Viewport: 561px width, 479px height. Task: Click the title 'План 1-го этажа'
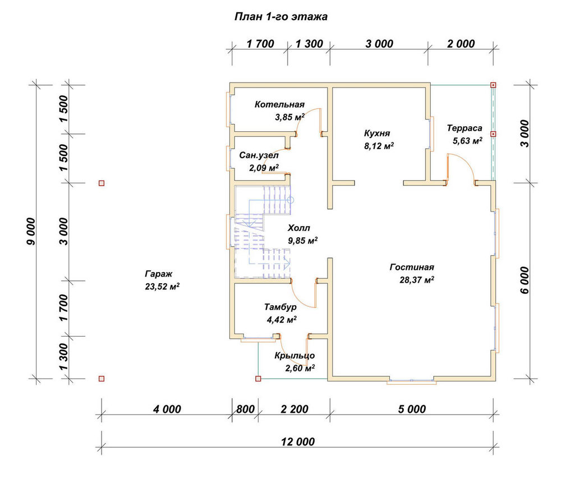click(x=281, y=17)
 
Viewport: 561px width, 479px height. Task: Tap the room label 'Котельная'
click(x=279, y=104)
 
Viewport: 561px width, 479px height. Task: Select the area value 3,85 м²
click(x=289, y=117)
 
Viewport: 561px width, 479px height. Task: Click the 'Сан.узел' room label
click(x=259, y=155)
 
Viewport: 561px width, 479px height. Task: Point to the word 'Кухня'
click(x=377, y=133)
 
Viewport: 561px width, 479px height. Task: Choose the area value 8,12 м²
click(x=379, y=146)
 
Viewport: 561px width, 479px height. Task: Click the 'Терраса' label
click(x=465, y=128)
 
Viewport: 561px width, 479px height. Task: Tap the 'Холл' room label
click(x=299, y=228)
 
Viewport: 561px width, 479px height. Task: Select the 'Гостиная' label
click(x=412, y=267)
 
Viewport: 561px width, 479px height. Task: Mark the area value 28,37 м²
click(x=417, y=280)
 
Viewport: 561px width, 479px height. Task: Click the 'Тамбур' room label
click(x=280, y=307)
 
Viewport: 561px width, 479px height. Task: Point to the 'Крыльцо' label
click(x=295, y=356)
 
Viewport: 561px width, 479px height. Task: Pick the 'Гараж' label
click(x=159, y=274)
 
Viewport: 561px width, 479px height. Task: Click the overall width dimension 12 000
click(x=298, y=442)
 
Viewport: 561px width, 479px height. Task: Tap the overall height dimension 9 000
click(x=31, y=232)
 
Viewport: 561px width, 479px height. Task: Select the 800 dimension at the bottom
click(x=246, y=409)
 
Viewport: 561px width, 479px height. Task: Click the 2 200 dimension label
click(x=294, y=409)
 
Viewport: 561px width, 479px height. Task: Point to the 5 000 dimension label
click(x=412, y=409)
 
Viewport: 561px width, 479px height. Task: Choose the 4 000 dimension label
click(x=167, y=409)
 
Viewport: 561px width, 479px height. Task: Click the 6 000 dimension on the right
click(x=524, y=280)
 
